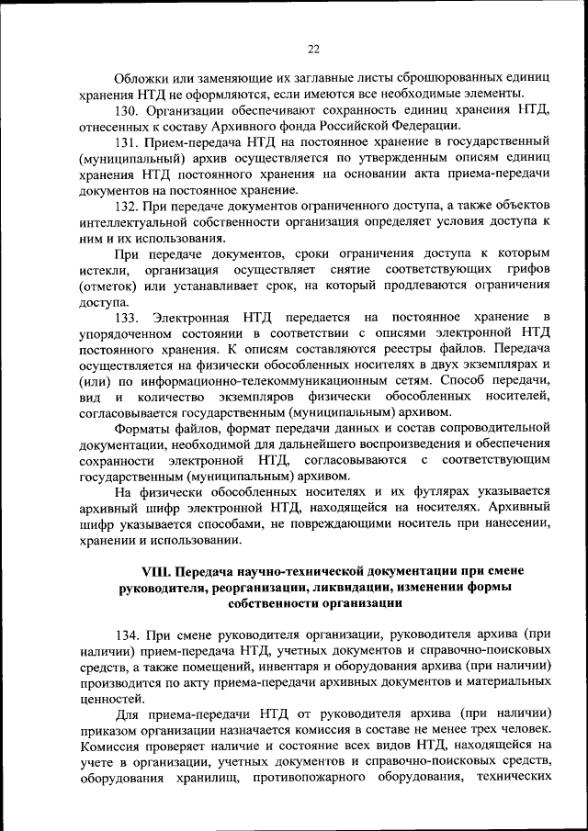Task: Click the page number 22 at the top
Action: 312,49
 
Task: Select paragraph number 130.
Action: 130,110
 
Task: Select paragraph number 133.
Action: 130,317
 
